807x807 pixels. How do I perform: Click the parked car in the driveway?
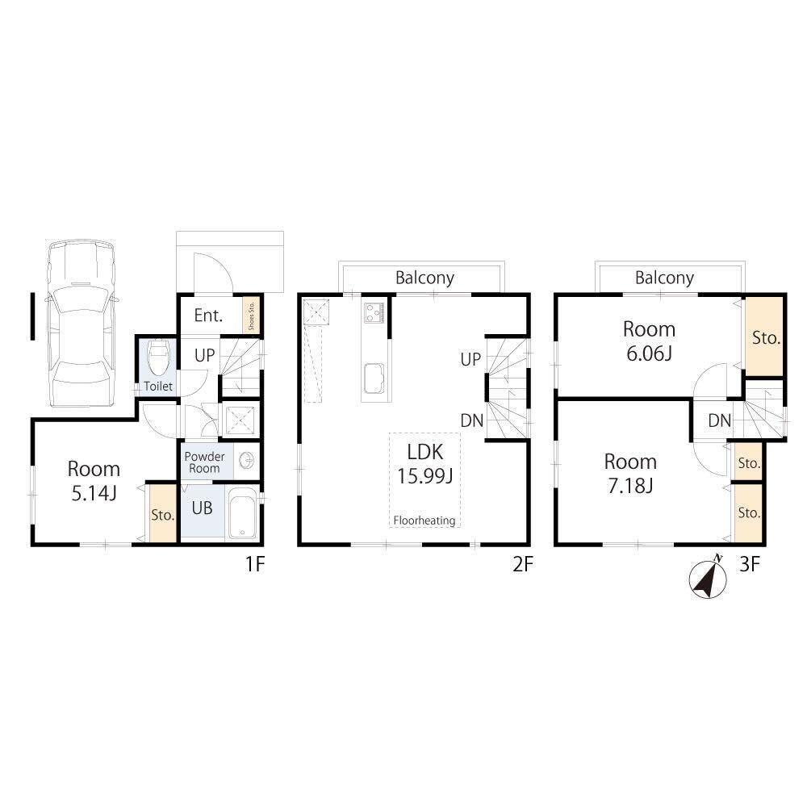[x=82, y=324]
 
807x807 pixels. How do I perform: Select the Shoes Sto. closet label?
[x=252, y=316]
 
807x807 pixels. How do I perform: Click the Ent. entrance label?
[x=208, y=315]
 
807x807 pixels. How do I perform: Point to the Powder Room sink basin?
[x=247, y=459]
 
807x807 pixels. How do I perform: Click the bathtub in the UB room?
[x=242, y=513]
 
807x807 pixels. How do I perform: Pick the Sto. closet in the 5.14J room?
[x=162, y=513]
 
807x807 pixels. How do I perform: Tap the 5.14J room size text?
[x=94, y=494]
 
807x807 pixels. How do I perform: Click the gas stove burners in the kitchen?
[x=374, y=312]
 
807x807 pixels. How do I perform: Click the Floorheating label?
[x=424, y=521]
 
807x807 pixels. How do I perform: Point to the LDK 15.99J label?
[x=424, y=464]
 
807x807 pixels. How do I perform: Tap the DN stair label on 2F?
[x=472, y=420]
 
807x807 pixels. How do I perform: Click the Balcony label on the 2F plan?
[x=424, y=278]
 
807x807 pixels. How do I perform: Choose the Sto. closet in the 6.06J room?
[x=765, y=337]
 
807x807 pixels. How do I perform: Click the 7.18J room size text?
[x=630, y=486]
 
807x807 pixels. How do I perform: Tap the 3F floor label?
[x=750, y=565]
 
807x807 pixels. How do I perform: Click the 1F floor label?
[x=255, y=565]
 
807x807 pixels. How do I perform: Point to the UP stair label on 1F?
[x=204, y=355]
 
